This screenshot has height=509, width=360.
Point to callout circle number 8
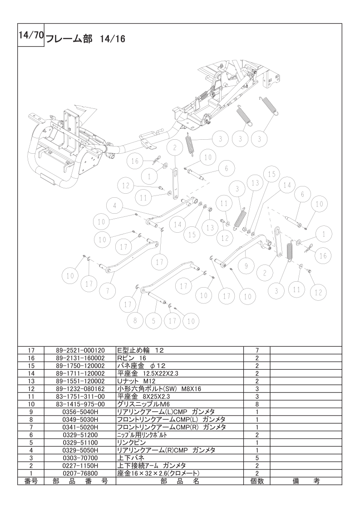click(x=135, y=321)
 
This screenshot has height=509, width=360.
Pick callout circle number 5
click(x=154, y=321)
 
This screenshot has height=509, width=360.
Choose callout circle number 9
click(x=246, y=266)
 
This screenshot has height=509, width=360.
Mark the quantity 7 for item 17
click(x=256, y=351)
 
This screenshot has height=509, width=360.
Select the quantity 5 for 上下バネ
click(x=256, y=458)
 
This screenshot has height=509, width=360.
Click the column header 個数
click(x=256, y=481)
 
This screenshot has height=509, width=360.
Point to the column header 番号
click(x=31, y=481)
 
